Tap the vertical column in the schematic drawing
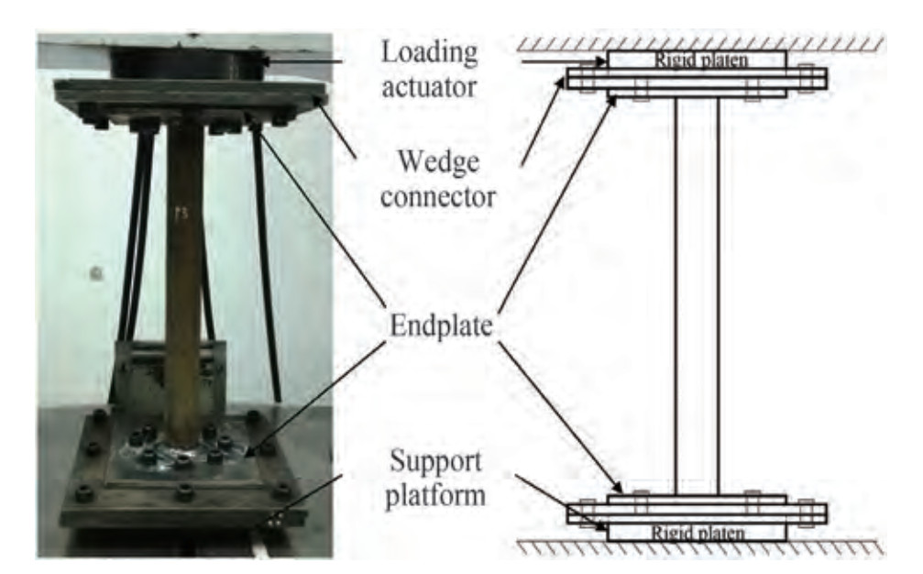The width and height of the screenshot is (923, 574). click(x=697, y=293)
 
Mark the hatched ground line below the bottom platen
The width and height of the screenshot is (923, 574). click(x=697, y=547)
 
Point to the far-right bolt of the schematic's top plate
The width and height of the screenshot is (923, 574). click(x=807, y=78)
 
